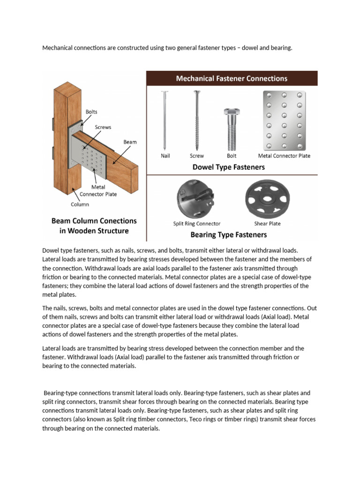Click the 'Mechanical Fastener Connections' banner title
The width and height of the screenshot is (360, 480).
click(232, 78)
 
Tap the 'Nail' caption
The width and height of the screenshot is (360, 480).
click(165, 156)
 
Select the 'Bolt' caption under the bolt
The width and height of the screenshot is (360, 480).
click(232, 156)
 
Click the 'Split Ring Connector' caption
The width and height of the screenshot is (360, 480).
click(196, 224)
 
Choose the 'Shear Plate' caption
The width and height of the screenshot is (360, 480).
click(267, 224)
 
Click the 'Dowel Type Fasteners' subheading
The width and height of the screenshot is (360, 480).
click(229, 167)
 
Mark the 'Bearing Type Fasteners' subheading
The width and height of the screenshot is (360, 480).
click(228, 234)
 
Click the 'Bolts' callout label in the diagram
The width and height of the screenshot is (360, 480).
click(91, 112)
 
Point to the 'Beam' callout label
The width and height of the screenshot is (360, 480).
click(130, 142)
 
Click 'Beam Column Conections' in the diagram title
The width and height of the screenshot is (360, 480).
click(94, 220)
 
